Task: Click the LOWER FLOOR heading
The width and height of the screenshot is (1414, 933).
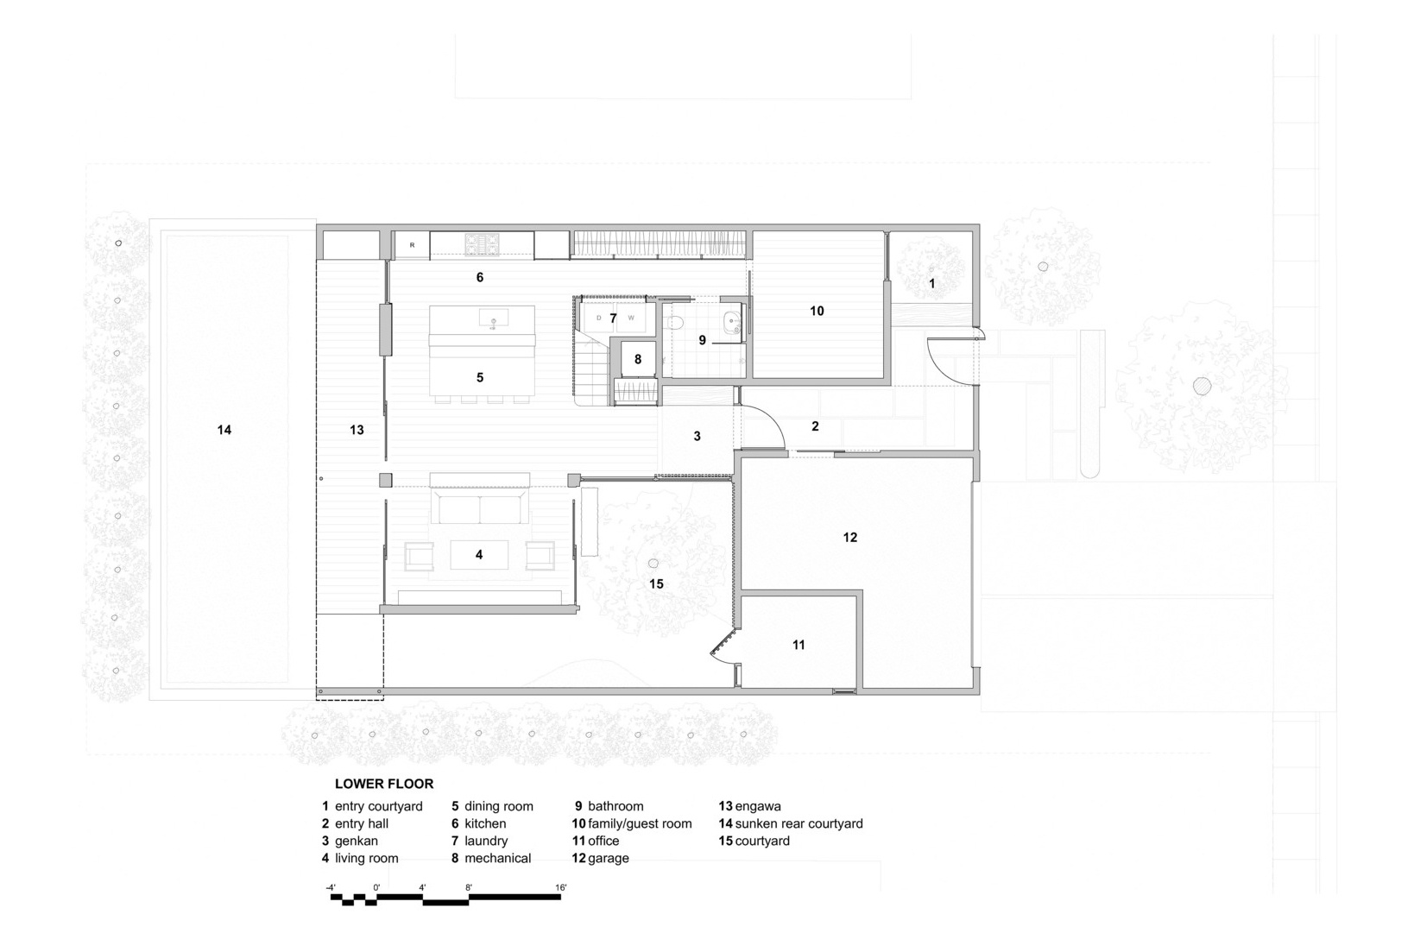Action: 384,784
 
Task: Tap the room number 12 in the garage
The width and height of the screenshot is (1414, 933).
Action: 850,537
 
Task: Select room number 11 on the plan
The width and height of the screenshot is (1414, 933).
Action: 799,645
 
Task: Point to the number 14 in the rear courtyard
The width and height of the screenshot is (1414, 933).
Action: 224,430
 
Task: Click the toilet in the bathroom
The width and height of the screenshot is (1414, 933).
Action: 674,323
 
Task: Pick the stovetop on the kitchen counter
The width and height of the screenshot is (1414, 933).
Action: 483,243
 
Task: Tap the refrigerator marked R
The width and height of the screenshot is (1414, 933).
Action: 413,245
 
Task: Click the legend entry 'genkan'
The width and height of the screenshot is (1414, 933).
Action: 356,841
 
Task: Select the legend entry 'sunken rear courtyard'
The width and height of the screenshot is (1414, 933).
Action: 799,823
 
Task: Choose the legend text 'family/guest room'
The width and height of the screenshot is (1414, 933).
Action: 640,823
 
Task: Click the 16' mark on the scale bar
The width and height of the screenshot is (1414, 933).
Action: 560,887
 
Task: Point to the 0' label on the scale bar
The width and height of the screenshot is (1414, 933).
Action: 376,887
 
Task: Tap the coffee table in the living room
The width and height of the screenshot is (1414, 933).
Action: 479,555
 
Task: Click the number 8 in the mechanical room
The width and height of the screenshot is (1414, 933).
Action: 638,359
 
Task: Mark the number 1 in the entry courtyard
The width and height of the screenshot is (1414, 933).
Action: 931,284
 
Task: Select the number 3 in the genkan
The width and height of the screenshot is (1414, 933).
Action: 697,436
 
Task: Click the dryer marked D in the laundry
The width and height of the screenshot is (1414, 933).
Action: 597,318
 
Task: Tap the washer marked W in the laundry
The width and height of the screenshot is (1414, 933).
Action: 631,318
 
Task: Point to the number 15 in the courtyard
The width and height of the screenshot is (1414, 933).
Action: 656,584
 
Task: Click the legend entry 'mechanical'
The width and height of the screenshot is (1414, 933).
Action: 497,859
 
